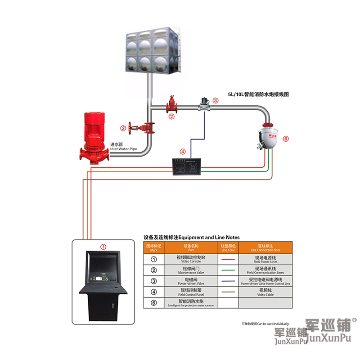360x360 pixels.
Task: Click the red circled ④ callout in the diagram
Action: click(x=182, y=152)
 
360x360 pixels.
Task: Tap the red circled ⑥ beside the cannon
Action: click(x=285, y=139)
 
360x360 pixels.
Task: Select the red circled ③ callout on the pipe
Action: click(x=216, y=101)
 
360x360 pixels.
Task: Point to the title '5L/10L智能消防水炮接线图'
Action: click(x=258, y=95)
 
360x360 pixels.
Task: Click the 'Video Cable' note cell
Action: click(x=265, y=292)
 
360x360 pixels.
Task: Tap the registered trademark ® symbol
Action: click(x=354, y=320)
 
